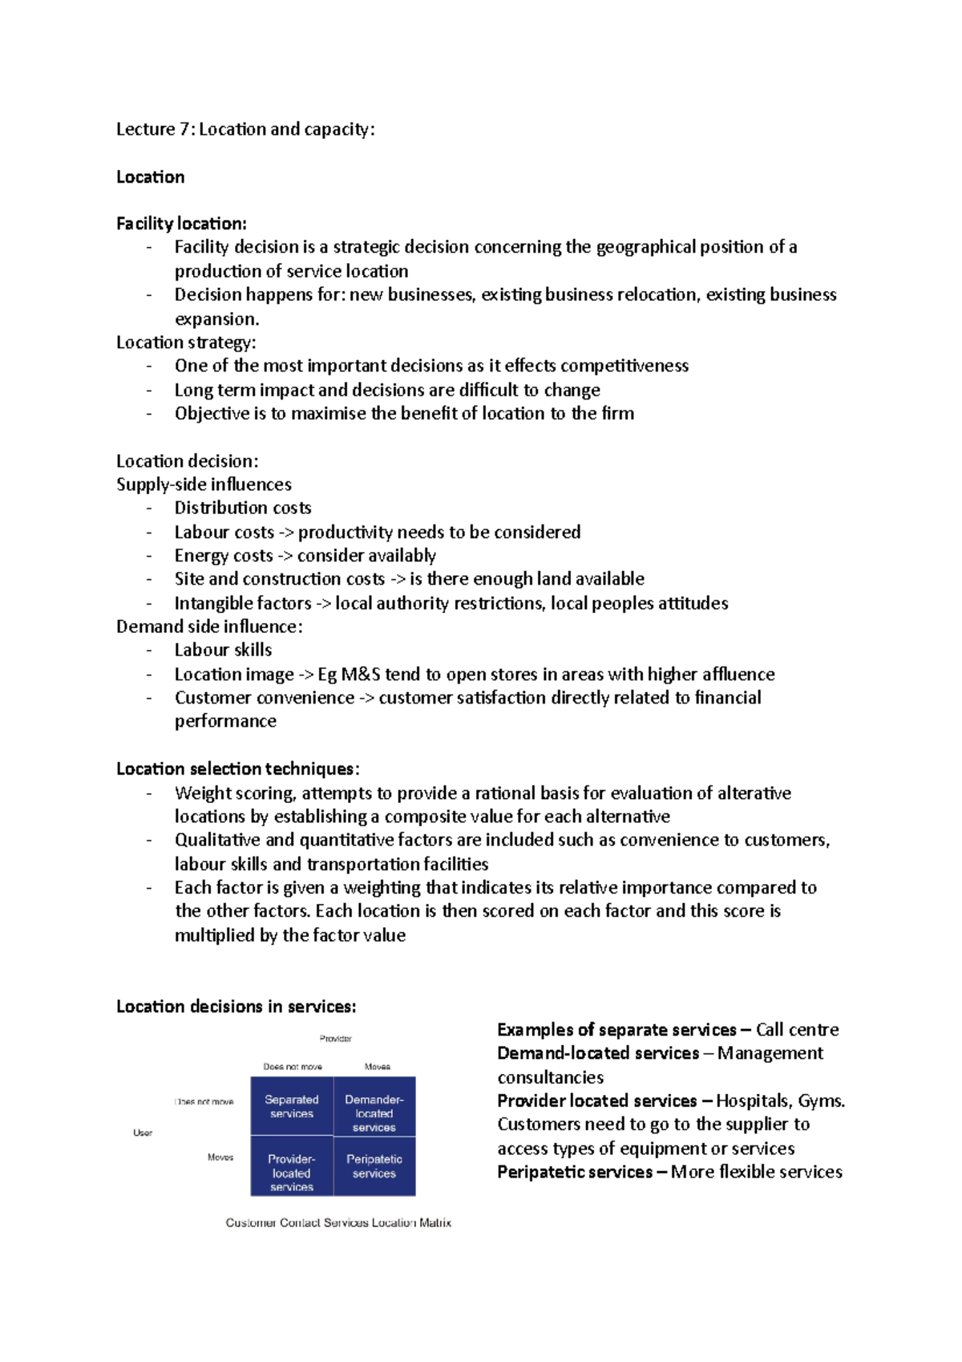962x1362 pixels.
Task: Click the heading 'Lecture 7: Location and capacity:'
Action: (245, 129)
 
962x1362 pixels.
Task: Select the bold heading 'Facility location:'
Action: (181, 224)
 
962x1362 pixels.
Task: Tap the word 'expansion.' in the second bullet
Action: (216, 318)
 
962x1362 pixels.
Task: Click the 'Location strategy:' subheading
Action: (186, 343)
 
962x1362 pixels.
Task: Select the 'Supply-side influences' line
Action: (204, 484)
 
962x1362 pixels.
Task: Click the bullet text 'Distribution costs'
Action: (242, 508)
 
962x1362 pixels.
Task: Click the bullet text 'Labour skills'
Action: (223, 650)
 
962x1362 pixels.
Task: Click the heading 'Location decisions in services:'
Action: (236, 1007)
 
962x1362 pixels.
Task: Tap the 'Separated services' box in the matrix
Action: (292, 1106)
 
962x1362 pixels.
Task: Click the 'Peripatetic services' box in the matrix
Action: (374, 1165)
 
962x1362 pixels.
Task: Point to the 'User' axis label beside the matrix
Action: (143, 1133)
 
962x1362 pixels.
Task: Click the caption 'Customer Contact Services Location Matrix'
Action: (338, 1222)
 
